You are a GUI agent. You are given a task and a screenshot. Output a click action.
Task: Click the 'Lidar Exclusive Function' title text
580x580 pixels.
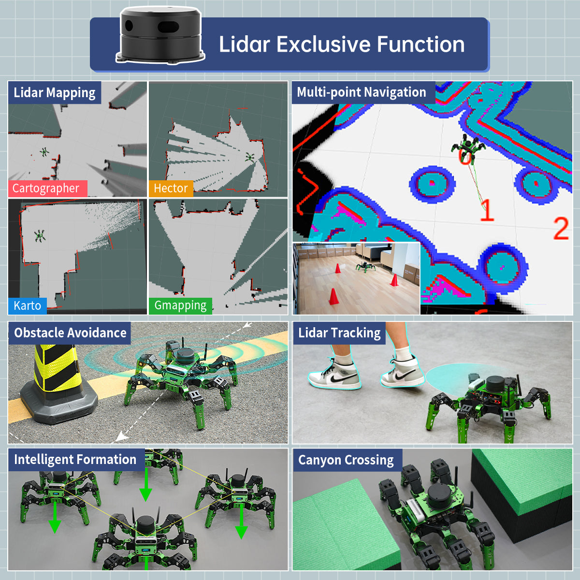pos(342,44)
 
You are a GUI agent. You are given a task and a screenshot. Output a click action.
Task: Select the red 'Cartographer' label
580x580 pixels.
pos(46,188)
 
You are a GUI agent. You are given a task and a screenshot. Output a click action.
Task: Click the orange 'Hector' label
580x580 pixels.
pos(170,188)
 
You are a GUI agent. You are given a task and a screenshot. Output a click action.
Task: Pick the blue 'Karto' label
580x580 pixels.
pos(27,306)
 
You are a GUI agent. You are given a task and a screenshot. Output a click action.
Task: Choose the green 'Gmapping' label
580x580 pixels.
pos(180,305)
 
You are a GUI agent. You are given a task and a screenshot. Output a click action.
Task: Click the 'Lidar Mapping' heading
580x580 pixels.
pos(55,93)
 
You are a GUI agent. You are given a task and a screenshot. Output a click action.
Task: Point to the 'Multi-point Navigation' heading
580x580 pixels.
pos(362,92)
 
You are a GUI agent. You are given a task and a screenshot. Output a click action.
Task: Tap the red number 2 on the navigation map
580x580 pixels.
pos(561,229)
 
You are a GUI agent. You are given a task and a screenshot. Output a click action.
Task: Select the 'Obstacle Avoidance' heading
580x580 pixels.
pos(70,333)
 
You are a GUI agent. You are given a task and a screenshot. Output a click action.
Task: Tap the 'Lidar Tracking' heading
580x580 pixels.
pos(339,333)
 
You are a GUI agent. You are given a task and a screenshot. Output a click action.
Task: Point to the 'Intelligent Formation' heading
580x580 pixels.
pos(75,460)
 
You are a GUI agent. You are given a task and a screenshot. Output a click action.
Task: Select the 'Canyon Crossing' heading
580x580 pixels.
pos(346,460)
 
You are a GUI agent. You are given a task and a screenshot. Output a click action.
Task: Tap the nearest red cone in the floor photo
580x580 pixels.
pos(333,297)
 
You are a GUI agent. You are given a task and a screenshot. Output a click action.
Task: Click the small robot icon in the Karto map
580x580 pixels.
pos(40,236)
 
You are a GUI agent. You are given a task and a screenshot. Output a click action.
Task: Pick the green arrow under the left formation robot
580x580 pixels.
pos(55,517)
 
